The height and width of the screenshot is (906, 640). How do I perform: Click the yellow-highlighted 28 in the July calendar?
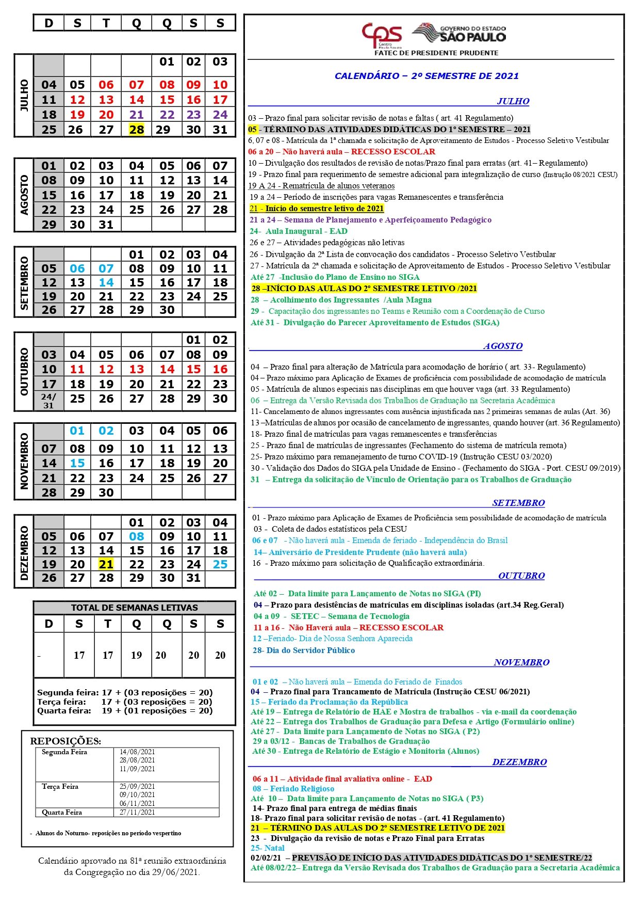(x=137, y=130)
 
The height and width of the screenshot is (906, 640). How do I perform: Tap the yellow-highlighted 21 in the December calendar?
(x=106, y=564)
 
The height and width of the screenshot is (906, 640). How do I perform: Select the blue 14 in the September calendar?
(x=106, y=282)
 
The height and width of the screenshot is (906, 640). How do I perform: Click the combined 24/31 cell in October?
(x=48, y=401)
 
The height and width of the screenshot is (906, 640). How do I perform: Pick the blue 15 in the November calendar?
(x=77, y=463)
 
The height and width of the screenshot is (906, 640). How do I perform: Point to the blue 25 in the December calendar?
(x=220, y=564)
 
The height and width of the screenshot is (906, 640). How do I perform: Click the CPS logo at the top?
(x=382, y=35)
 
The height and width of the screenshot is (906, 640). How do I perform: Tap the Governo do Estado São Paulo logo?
(x=460, y=34)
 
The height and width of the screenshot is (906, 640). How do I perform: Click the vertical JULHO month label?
(x=24, y=96)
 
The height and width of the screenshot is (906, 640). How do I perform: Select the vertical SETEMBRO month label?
(x=24, y=283)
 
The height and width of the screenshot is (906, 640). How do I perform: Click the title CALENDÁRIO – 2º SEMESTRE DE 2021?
(x=426, y=76)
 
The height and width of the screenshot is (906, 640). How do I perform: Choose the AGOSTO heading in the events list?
(x=503, y=346)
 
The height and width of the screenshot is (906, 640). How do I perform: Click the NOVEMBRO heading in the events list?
(x=521, y=662)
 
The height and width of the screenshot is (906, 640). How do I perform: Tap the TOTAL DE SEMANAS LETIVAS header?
(x=134, y=608)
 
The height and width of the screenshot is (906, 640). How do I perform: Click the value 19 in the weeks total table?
(x=136, y=655)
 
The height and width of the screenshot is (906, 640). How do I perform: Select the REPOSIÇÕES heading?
(x=65, y=741)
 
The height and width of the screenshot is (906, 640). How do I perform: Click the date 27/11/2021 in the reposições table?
(x=137, y=812)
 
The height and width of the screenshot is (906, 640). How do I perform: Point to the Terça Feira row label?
(x=60, y=786)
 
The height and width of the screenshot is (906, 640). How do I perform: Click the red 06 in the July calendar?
(x=106, y=85)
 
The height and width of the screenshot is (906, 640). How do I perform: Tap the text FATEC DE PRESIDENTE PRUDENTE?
(x=436, y=53)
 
